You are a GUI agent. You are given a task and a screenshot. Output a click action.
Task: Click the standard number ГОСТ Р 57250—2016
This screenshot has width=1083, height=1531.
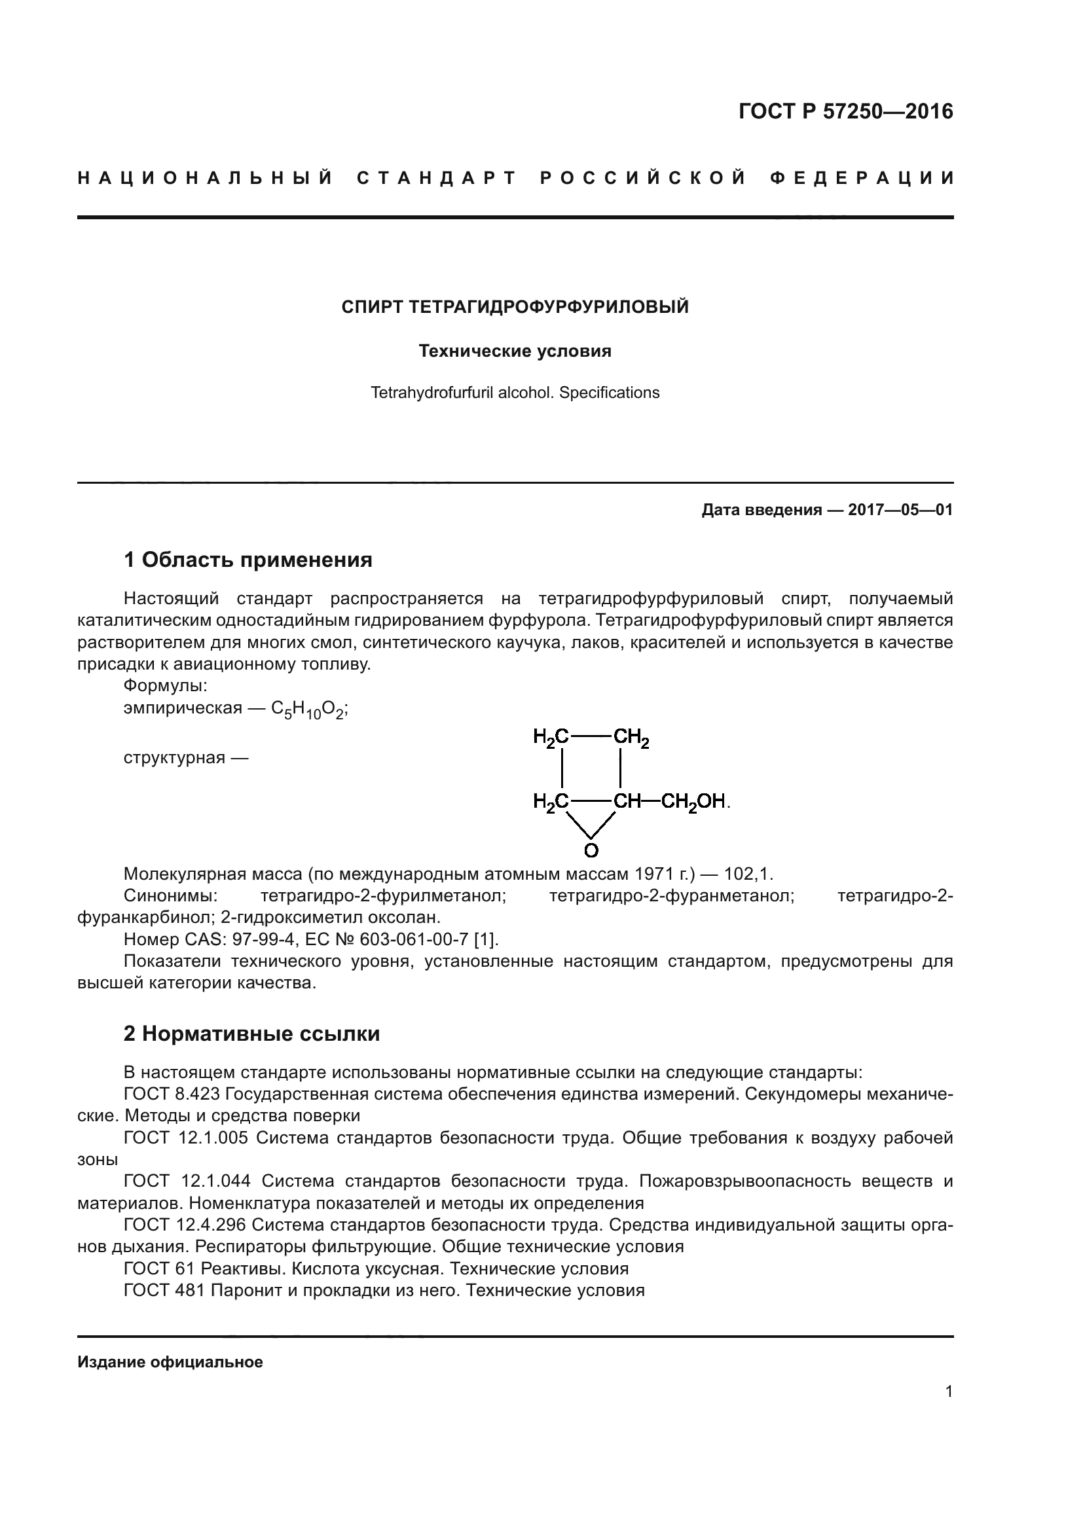[845, 111]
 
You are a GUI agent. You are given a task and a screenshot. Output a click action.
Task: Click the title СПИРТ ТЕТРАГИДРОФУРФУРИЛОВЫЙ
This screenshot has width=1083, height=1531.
[515, 308]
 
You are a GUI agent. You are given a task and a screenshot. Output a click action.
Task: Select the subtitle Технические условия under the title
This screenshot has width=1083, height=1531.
[515, 351]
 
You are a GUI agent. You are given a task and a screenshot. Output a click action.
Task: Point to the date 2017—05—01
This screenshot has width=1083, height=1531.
[900, 510]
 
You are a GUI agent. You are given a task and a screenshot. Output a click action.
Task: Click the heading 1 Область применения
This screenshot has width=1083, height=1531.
[248, 560]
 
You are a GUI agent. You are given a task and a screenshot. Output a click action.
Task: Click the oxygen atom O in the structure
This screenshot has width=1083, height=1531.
[591, 850]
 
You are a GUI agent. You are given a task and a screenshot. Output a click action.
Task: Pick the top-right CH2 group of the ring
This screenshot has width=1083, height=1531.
[631, 738]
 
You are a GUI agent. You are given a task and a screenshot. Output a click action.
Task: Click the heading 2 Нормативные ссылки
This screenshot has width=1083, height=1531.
[252, 1034]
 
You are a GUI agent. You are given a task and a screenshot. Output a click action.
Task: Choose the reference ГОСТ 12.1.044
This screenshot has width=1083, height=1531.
[187, 1181]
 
